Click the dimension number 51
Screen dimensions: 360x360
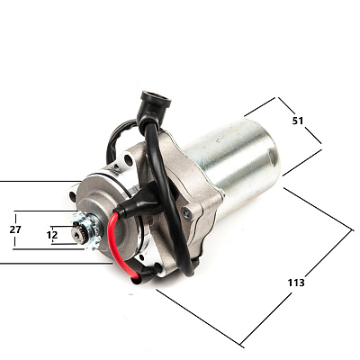click(x=298, y=121)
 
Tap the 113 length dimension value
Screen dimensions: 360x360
click(x=296, y=283)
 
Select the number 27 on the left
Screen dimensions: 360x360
click(x=15, y=229)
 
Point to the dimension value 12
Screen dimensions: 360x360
click(x=52, y=235)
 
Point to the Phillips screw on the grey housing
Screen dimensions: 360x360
click(x=187, y=213)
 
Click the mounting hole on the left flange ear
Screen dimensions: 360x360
click(x=73, y=196)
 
